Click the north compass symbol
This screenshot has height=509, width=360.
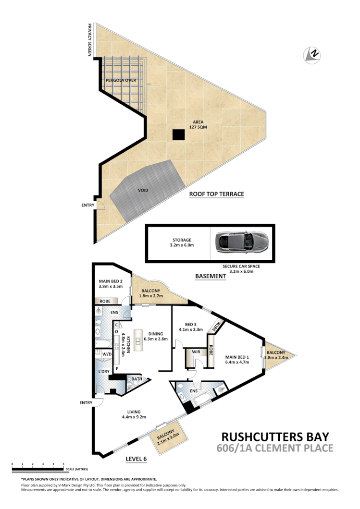coord(312,55)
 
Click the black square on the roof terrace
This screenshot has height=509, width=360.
coord(178,135)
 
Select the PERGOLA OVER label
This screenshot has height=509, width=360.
coord(121,80)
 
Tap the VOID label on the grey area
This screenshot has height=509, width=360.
coord(143,190)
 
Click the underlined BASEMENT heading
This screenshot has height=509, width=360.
coord(210,276)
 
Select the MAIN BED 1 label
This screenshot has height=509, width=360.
coord(237,359)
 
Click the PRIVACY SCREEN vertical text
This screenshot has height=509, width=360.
coord(89,40)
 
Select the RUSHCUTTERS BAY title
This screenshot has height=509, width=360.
coord(275,436)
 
